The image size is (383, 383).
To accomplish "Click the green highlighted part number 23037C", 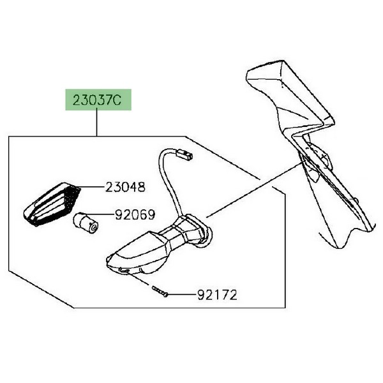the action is (x=98, y=100).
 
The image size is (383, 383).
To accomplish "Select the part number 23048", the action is (x=125, y=187).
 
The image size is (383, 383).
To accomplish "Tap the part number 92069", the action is (x=135, y=214).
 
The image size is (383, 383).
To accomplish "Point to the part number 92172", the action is (x=217, y=295).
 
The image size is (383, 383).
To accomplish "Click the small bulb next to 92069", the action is (x=86, y=222).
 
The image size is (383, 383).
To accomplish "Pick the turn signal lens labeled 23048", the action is (x=52, y=204).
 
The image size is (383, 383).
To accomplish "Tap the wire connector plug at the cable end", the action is (x=184, y=156).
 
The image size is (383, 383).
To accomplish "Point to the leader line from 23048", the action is (x=91, y=187).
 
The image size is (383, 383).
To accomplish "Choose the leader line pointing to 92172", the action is (x=181, y=295).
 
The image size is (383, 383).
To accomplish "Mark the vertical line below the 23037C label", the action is (x=97, y=123).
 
